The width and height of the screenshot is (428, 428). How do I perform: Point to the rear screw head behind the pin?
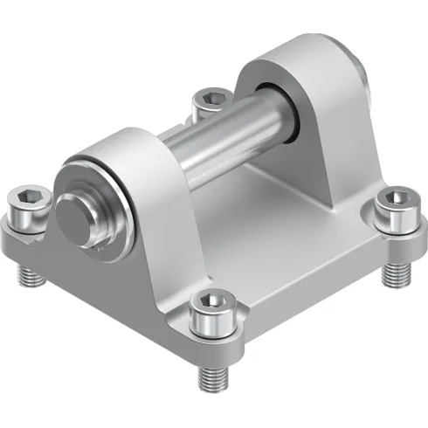(207, 96)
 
